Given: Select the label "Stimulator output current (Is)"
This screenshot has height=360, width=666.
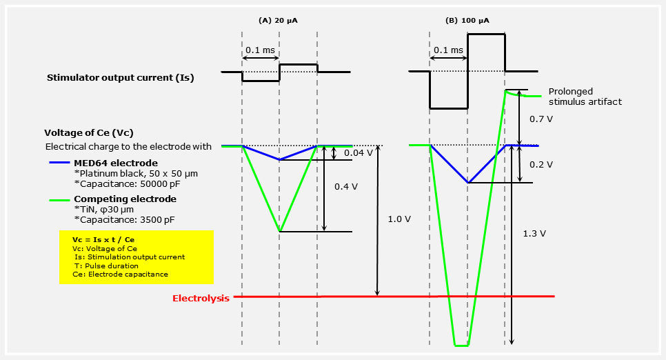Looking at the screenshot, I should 120,77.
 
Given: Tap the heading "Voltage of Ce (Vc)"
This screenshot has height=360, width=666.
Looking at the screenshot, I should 89,132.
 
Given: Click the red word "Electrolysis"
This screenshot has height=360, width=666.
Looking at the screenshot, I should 201,299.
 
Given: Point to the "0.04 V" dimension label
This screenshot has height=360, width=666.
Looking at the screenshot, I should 359,152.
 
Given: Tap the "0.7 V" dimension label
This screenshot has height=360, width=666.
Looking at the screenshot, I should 541,119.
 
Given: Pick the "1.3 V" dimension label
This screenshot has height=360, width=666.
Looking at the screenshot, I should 534,233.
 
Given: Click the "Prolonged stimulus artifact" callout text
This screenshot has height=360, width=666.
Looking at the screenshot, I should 585,97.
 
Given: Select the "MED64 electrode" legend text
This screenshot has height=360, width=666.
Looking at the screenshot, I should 116,163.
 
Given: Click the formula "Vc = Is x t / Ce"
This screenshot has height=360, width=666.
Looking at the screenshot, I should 99,239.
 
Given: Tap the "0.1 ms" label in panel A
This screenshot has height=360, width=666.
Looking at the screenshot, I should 260,50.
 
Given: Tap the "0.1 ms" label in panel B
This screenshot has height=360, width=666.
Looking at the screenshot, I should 448,50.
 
